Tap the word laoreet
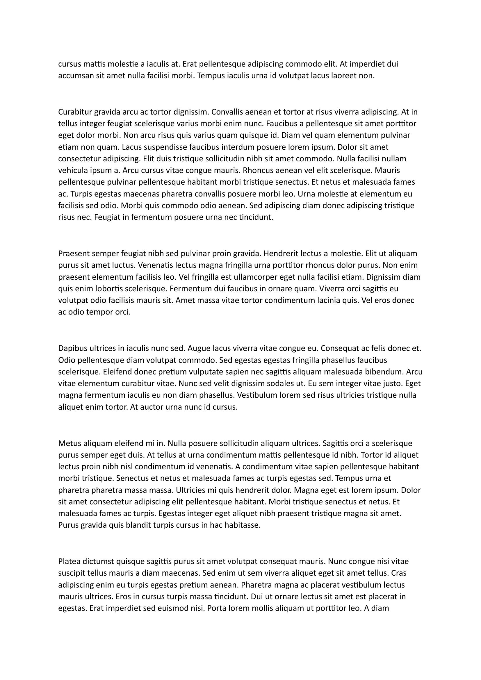343,76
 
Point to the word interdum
238,147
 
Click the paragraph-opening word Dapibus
72,349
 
